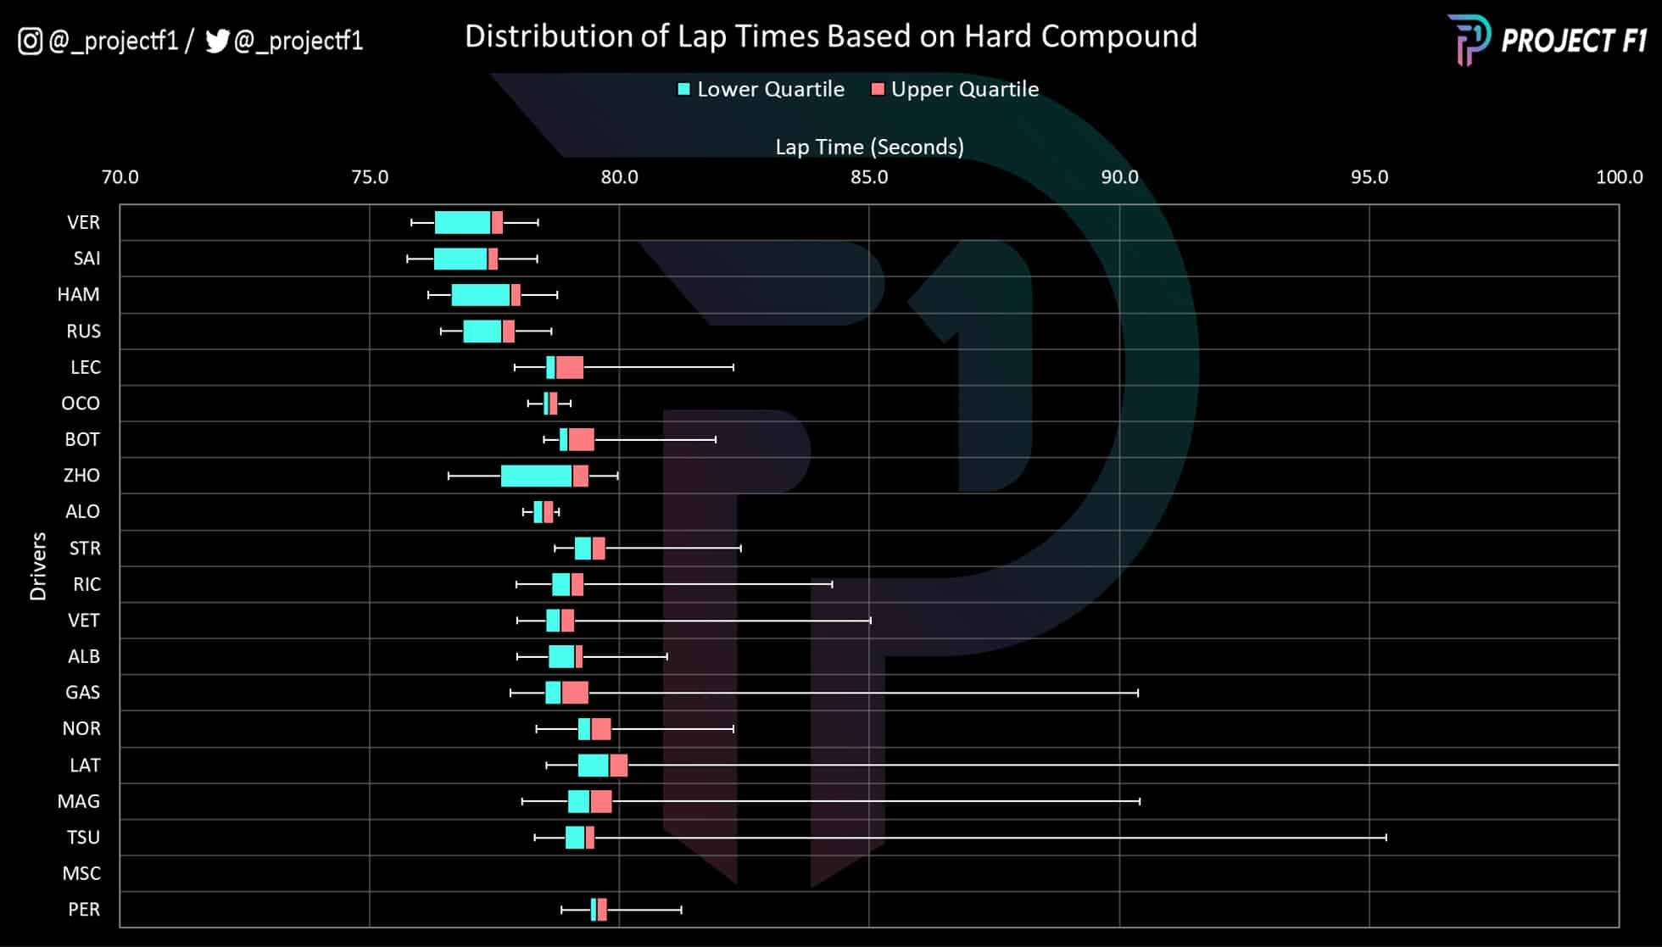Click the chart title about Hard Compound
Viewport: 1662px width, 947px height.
coord(830,36)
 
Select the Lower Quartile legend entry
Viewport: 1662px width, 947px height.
coord(761,89)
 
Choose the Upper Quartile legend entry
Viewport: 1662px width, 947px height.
coord(955,89)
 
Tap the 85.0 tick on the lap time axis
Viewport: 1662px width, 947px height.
coord(869,177)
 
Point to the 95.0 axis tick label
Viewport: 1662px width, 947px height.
coord(1369,177)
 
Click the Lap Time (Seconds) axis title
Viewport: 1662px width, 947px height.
coord(869,147)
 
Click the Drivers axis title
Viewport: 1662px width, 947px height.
coord(38,566)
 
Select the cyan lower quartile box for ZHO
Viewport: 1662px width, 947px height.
coord(536,476)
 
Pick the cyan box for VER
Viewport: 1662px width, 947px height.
coord(462,222)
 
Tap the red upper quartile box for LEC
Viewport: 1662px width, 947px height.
coord(569,367)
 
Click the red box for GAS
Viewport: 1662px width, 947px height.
coord(575,693)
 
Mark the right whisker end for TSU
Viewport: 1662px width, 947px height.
coord(1386,838)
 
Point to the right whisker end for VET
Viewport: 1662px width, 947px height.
coord(871,621)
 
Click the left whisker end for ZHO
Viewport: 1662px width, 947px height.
coord(449,476)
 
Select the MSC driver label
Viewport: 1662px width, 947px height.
coord(81,873)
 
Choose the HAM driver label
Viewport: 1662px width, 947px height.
coord(78,294)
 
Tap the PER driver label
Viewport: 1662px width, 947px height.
coord(84,910)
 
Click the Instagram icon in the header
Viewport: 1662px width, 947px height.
coord(30,41)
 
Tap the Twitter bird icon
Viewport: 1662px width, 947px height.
coord(217,41)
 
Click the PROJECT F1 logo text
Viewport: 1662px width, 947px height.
coord(1573,41)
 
